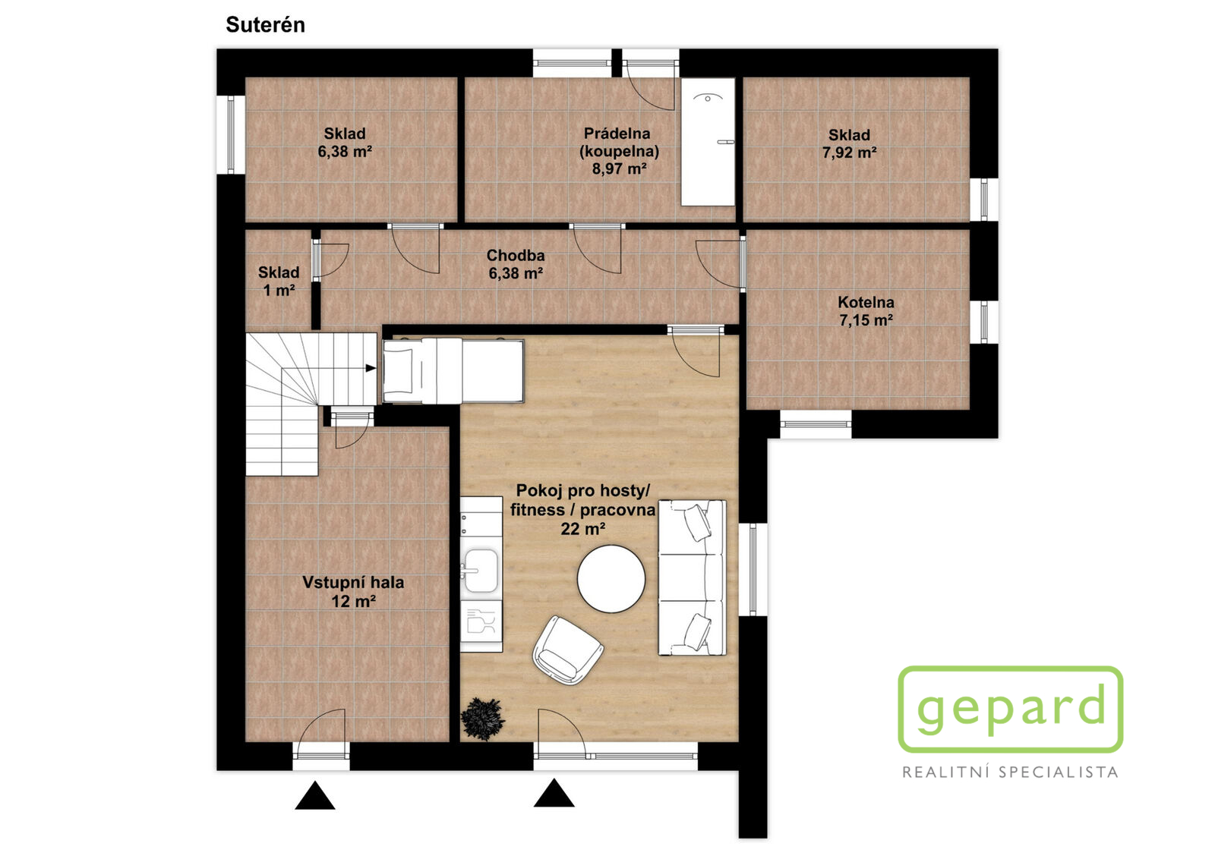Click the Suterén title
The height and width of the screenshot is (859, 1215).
[x=265, y=25]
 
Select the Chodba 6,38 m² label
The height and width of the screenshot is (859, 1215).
[x=516, y=265]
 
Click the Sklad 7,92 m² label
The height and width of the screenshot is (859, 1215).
[x=850, y=143]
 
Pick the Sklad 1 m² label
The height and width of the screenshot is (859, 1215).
[x=279, y=282]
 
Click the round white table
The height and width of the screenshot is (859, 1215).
[x=611, y=579]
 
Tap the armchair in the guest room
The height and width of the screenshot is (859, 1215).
[x=568, y=650]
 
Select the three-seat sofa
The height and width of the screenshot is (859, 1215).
[x=692, y=577]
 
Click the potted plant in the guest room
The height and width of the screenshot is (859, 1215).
[x=482, y=719]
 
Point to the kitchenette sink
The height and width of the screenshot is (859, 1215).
[x=481, y=571]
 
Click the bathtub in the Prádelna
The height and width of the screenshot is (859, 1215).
[x=708, y=142]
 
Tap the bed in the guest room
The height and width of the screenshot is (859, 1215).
[x=453, y=371]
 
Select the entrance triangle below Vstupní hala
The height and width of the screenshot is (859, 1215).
[x=314, y=795]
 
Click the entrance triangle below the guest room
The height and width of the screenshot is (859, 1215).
[x=554, y=793]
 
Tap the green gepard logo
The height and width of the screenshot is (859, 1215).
[x=1011, y=710]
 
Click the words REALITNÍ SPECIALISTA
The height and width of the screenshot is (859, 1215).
[x=1010, y=772]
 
